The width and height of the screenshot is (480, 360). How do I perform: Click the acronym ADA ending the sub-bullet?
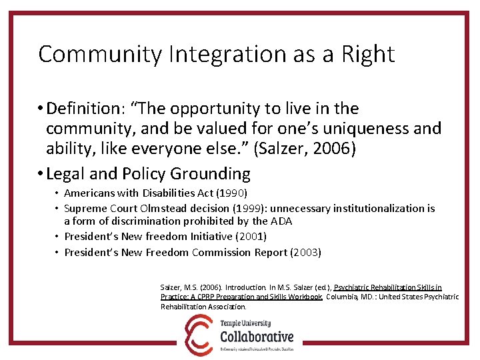[x=281, y=221]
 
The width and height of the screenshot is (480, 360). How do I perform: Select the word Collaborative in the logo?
[x=257, y=337]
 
